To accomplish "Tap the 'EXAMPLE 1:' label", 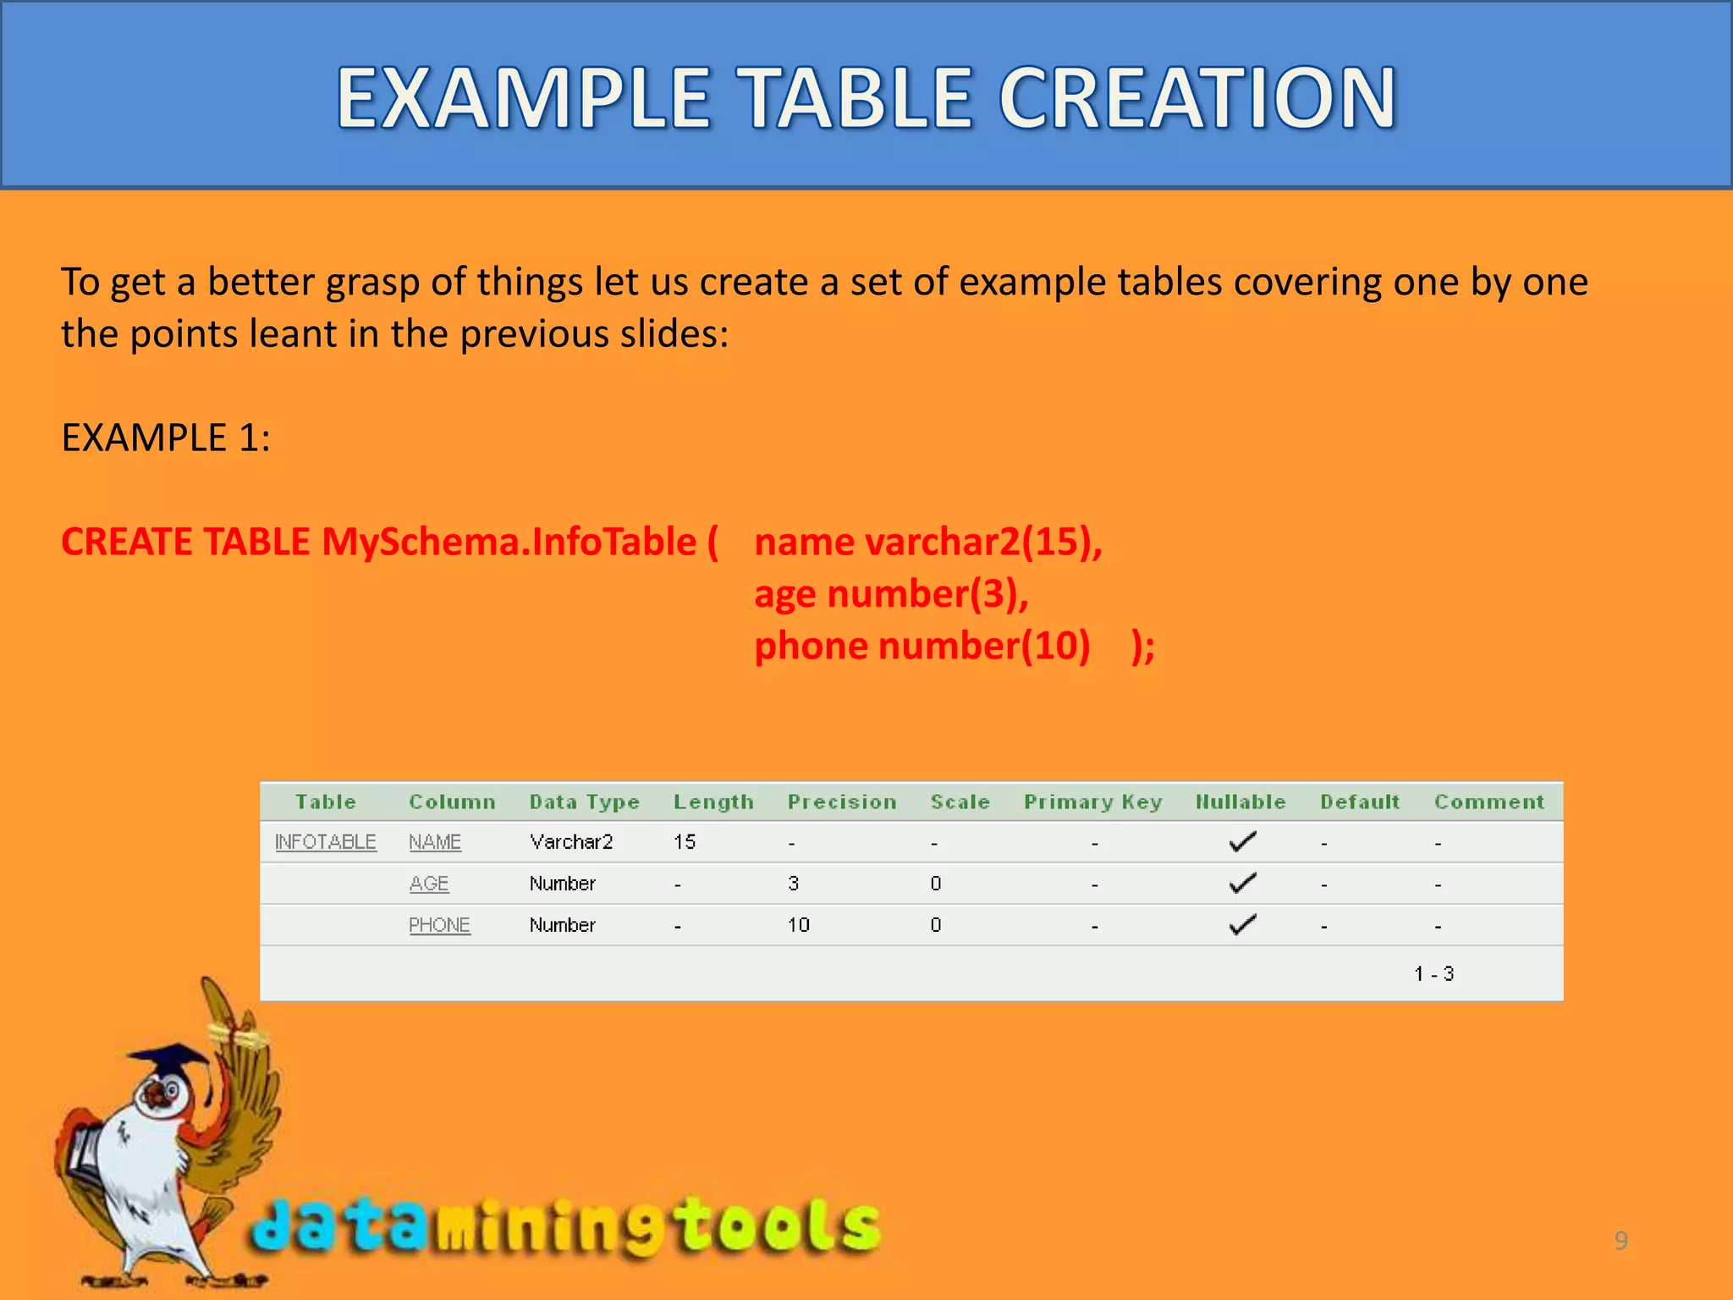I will [x=166, y=438].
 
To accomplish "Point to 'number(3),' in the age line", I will [x=927, y=594].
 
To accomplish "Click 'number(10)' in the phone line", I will [x=984, y=647].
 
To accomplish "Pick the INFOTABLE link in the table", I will [x=326, y=842].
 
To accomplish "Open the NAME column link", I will [x=435, y=842].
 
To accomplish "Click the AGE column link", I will [x=429, y=884].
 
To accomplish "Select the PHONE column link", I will [x=439, y=925].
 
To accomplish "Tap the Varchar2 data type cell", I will [x=571, y=842].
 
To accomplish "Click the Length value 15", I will [x=685, y=842].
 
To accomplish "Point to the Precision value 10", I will [x=799, y=925].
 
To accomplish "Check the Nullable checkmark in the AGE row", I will [x=1242, y=884].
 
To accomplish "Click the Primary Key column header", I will [x=1092, y=801].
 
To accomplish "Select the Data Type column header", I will [x=584, y=801].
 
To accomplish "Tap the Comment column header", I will [x=1488, y=801].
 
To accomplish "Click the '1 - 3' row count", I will [x=1433, y=973].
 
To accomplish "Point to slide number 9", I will [x=1620, y=1241].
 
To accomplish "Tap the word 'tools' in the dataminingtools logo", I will [x=778, y=1226].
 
